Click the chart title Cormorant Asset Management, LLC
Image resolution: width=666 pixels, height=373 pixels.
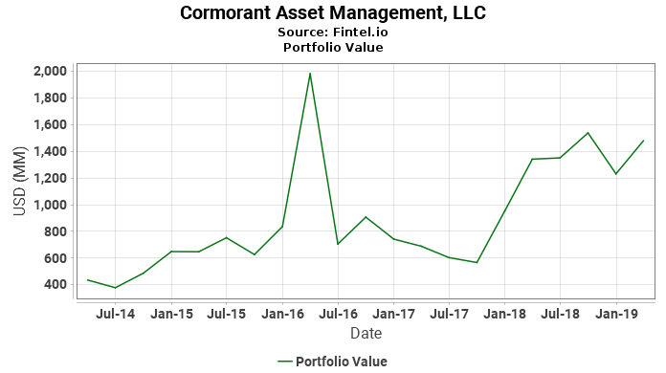(333, 13)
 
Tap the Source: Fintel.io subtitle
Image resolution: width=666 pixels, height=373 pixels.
(333, 32)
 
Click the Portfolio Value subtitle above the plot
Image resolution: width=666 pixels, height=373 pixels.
(333, 47)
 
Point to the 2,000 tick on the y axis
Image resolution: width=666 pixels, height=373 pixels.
(49, 71)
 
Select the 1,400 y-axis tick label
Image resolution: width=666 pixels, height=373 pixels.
(49, 151)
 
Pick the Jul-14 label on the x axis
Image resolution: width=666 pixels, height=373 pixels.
(116, 313)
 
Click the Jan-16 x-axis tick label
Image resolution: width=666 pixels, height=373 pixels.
(283, 313)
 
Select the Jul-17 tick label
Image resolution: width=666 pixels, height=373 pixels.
(450, 313)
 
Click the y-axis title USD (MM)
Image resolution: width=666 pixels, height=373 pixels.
(19, 178)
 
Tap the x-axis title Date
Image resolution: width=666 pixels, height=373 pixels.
(366, 334)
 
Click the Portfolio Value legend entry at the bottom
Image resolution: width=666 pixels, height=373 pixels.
(332, 361)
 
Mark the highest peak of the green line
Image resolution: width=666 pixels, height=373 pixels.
(310, 74)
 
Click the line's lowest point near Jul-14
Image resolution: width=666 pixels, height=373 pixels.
(116, 288)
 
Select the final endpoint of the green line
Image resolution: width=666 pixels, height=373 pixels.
(644, 141)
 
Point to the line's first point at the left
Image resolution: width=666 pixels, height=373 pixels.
(88, 280)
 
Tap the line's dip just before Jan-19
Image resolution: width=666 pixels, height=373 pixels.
(616, 174)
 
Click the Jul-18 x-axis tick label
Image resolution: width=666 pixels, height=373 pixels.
(561, 313)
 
